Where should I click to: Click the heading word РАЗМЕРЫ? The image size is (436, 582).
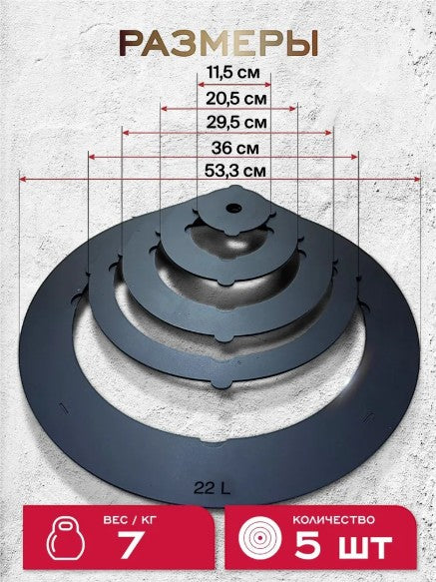pyautogui.click(x=218, y=43)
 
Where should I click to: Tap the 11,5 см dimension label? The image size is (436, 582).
pyautogui.click(x=233, y=73)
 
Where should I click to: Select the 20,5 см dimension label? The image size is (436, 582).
pyautogui.click(x=236, y=99)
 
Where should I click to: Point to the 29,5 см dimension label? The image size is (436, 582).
pyautogui.click(x=236, y=122)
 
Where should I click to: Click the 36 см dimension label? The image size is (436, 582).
pyautogui.click(x=235, y=148)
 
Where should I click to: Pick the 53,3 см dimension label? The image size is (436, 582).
pyautogui.click(x=235, y=171)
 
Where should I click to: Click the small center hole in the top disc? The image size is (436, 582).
pyautogui.click(x=233, y=208)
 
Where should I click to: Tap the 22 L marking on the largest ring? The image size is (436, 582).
pyautogui.click(x=212, y=488)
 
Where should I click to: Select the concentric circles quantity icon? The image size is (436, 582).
pyautogui.click(x=259, y=537)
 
